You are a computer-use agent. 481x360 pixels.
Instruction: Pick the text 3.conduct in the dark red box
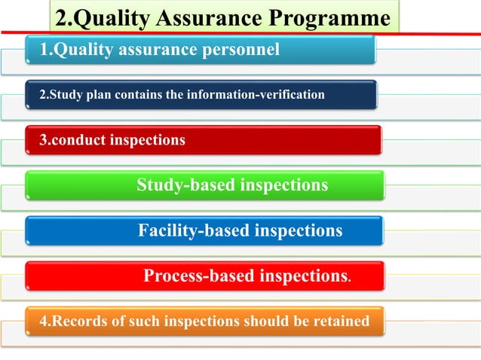tap(66, 140)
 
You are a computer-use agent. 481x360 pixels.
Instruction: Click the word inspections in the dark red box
tap(148, 140)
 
